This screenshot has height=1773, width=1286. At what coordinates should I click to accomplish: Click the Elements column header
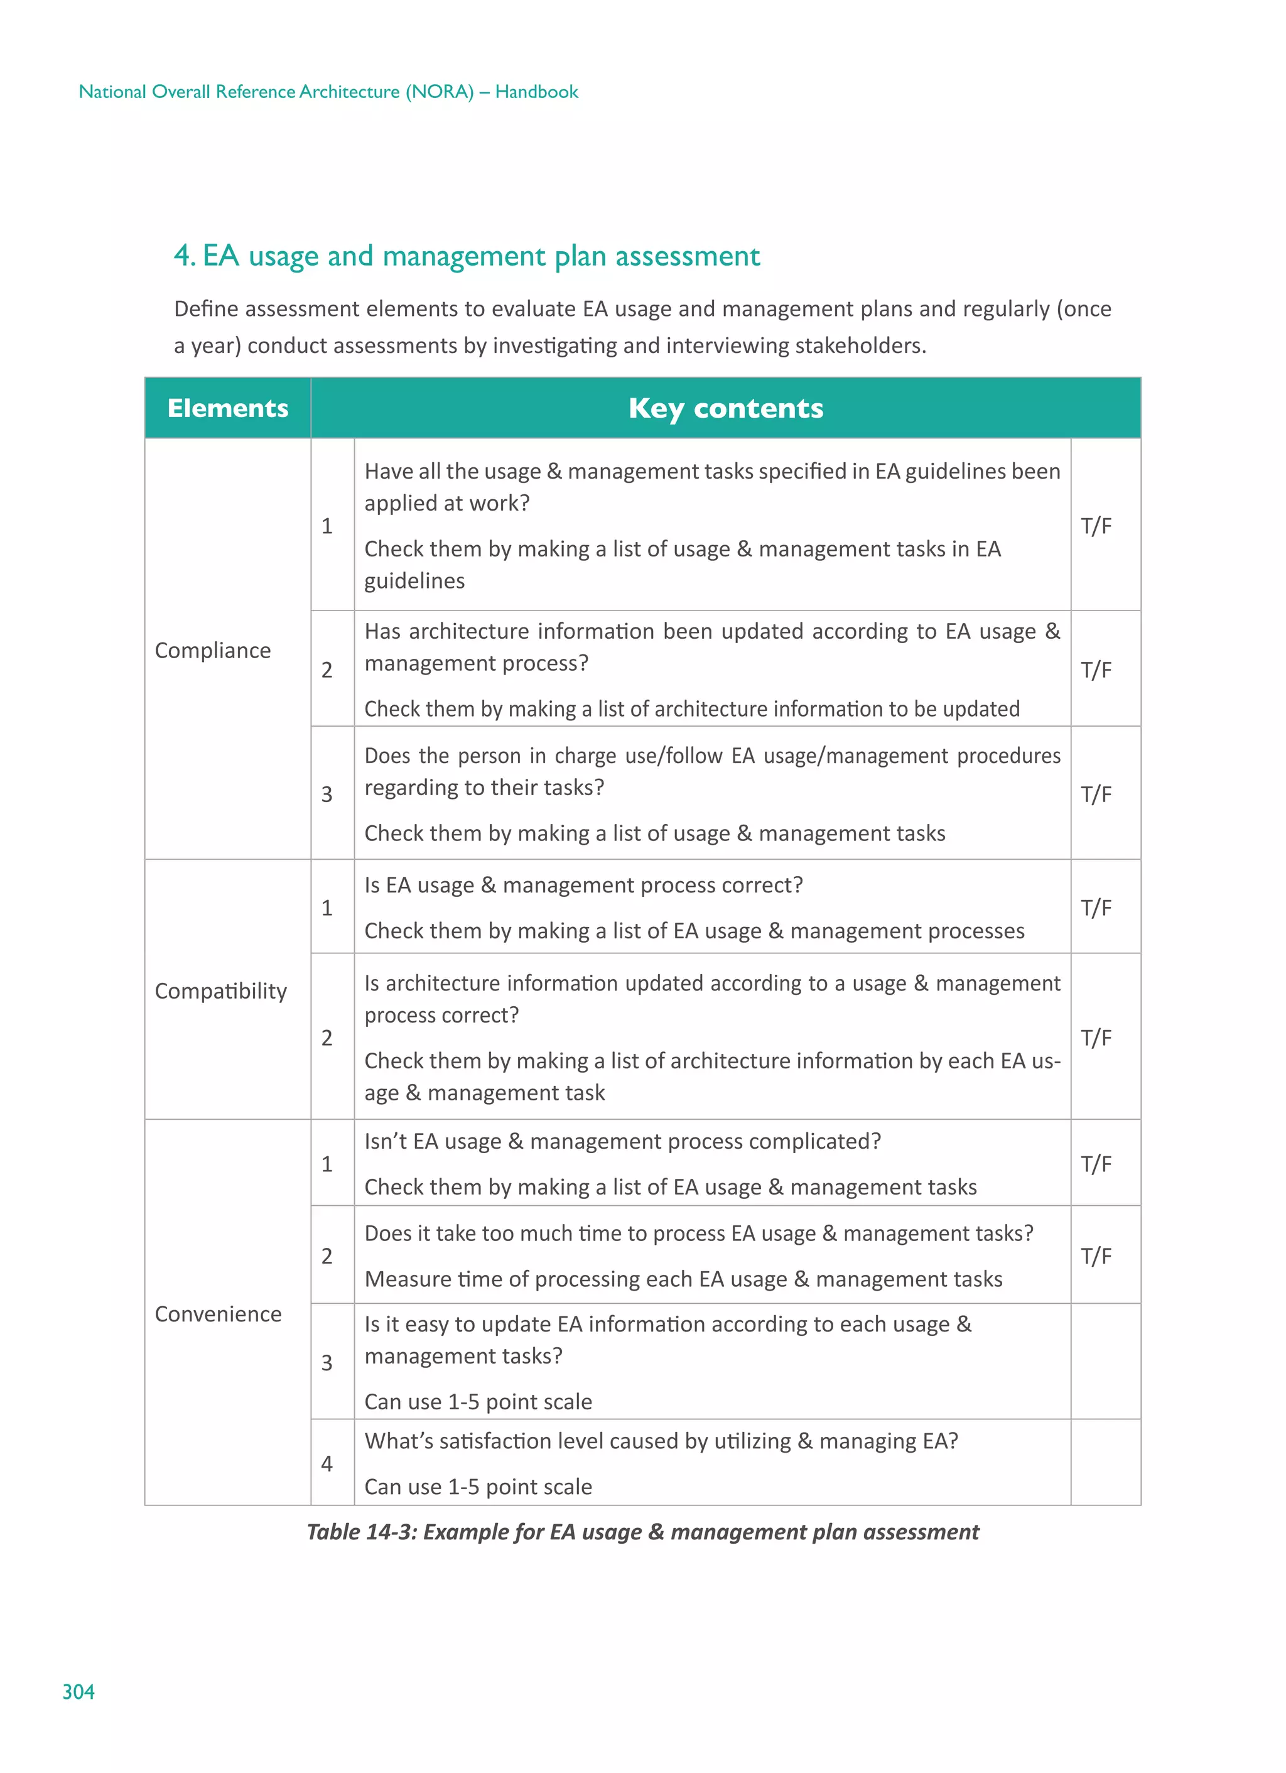click(x=227, y=408)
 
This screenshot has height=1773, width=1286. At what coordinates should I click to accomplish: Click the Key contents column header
click(x=725, y=408)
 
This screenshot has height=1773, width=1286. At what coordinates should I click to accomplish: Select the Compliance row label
click(x=213, y=651)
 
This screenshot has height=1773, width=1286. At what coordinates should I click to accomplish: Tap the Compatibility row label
click(x=220, y=991)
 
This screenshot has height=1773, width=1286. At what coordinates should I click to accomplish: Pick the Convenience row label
click(x=218, y=1314)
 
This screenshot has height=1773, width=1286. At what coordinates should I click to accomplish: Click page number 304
click(x=78, y=1693)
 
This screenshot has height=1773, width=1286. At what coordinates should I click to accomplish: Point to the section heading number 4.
click(x=183, y=256)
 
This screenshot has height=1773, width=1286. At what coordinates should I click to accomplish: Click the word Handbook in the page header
click(x=536, y=92)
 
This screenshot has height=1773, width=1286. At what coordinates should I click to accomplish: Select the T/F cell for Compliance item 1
click(x=1096, y=526)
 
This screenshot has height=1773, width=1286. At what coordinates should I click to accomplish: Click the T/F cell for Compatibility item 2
click(x=1096, y=1038)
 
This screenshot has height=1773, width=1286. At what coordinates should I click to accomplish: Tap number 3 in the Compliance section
click(x=327, y=795)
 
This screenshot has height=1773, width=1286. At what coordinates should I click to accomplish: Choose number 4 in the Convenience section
click(x=327, y=1463)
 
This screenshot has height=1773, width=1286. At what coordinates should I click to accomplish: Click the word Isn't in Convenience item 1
click(x=386, y=1141)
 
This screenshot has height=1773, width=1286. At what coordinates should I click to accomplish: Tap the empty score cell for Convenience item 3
click(x=1105, y=1362)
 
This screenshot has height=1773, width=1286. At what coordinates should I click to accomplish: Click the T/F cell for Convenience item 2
click(x=1096, y=1256)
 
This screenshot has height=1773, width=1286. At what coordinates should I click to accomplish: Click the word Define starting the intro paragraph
click(x=205, y=309)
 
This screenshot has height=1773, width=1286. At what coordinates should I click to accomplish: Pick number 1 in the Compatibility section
click(x=327, y=908)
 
